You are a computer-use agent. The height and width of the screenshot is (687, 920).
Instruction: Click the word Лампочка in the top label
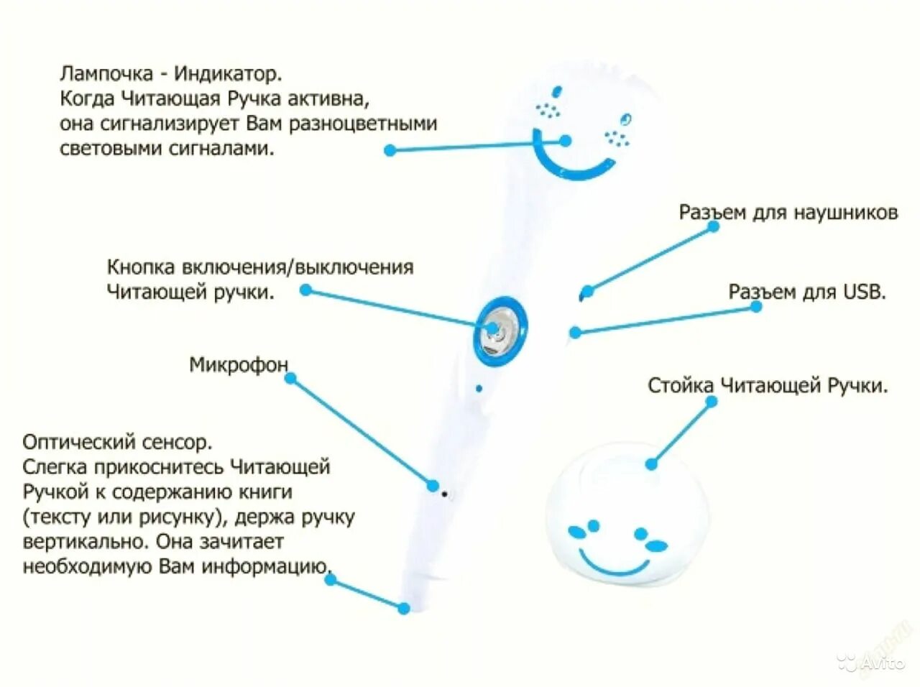tap(106, 74)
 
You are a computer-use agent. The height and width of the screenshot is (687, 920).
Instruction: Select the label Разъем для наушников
tap(788, 213)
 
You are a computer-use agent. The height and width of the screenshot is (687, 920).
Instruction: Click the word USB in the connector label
tap(863, 292)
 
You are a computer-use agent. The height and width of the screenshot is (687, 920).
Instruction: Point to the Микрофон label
tap(238, 365)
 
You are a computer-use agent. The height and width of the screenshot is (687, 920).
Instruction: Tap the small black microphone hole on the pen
tap(445, 494)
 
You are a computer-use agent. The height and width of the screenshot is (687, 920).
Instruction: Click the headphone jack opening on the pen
tap(584, 294)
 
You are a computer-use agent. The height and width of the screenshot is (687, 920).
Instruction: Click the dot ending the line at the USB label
tap(756, 307)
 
